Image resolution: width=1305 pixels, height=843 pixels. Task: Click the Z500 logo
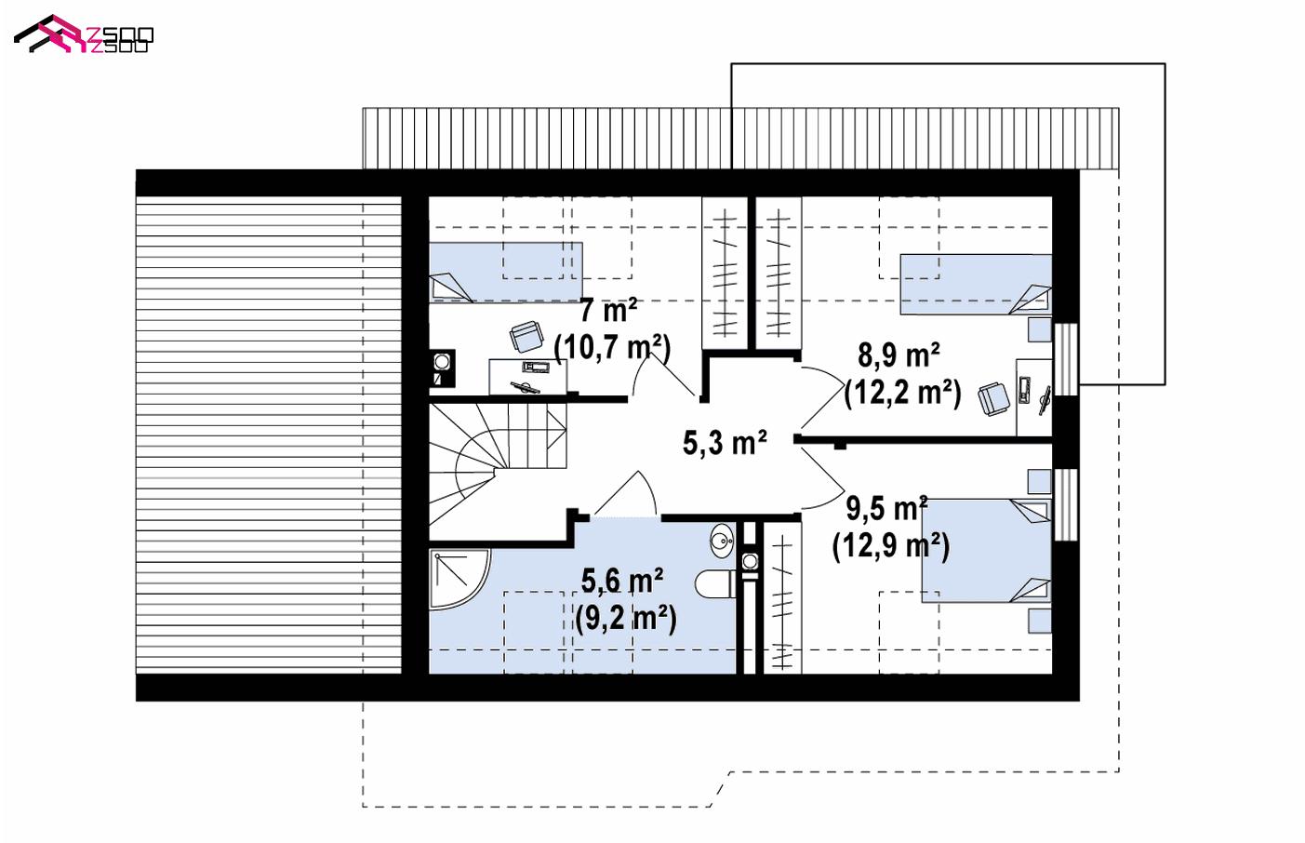point(84,35)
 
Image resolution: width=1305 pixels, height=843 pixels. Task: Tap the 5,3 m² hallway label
point(725,442)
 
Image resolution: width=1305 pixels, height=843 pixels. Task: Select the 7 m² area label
point(608,311)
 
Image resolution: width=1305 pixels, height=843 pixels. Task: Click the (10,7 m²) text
point(612,348)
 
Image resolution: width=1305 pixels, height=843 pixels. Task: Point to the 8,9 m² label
point(899,355)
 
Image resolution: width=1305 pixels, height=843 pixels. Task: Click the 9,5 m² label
point(886,508)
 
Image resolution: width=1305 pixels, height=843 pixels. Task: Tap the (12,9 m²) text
point(891,546)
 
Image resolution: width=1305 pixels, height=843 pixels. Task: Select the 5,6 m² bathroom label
point(621,581)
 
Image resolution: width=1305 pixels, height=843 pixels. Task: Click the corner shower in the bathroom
point(460,579)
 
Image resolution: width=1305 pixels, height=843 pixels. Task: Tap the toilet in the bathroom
point(716,583)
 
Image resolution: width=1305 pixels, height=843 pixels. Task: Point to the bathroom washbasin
point(723,542)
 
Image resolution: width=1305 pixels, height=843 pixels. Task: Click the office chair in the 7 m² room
point(526,336)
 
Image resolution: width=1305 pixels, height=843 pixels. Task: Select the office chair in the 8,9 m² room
point(994,398)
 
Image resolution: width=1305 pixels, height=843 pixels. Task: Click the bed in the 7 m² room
point(506,272)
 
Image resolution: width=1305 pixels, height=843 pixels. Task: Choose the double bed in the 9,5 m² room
point(986,551)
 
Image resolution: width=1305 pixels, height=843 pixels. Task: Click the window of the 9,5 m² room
point(1066,504)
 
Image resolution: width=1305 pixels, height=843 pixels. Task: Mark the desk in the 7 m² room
point(527,376)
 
